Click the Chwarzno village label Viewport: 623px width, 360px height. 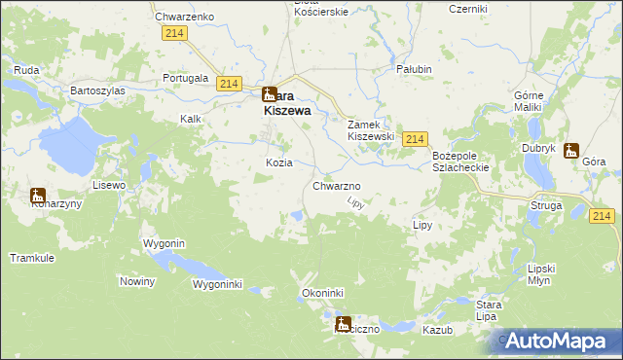pyautogui.click(x=337, y=186)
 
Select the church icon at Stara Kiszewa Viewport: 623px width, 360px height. pyautogui.click(x=270, y=95)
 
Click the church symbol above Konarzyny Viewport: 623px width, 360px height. pyautogui.click(x=38, y=195)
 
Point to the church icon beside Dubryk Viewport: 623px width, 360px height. pyautogui.click(x=570, y=151)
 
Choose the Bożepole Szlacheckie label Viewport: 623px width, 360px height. pyautogui.click(x=465, y=162)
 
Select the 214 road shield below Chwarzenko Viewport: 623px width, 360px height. pyautogui.click(x=175, y=34)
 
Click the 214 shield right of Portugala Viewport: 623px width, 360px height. pyautogui.click(x=230, y=85)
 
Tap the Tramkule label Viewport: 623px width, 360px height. pyautogui.click(x=29, y=258)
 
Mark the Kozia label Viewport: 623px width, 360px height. pyautogui.click(x=279, y=162)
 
